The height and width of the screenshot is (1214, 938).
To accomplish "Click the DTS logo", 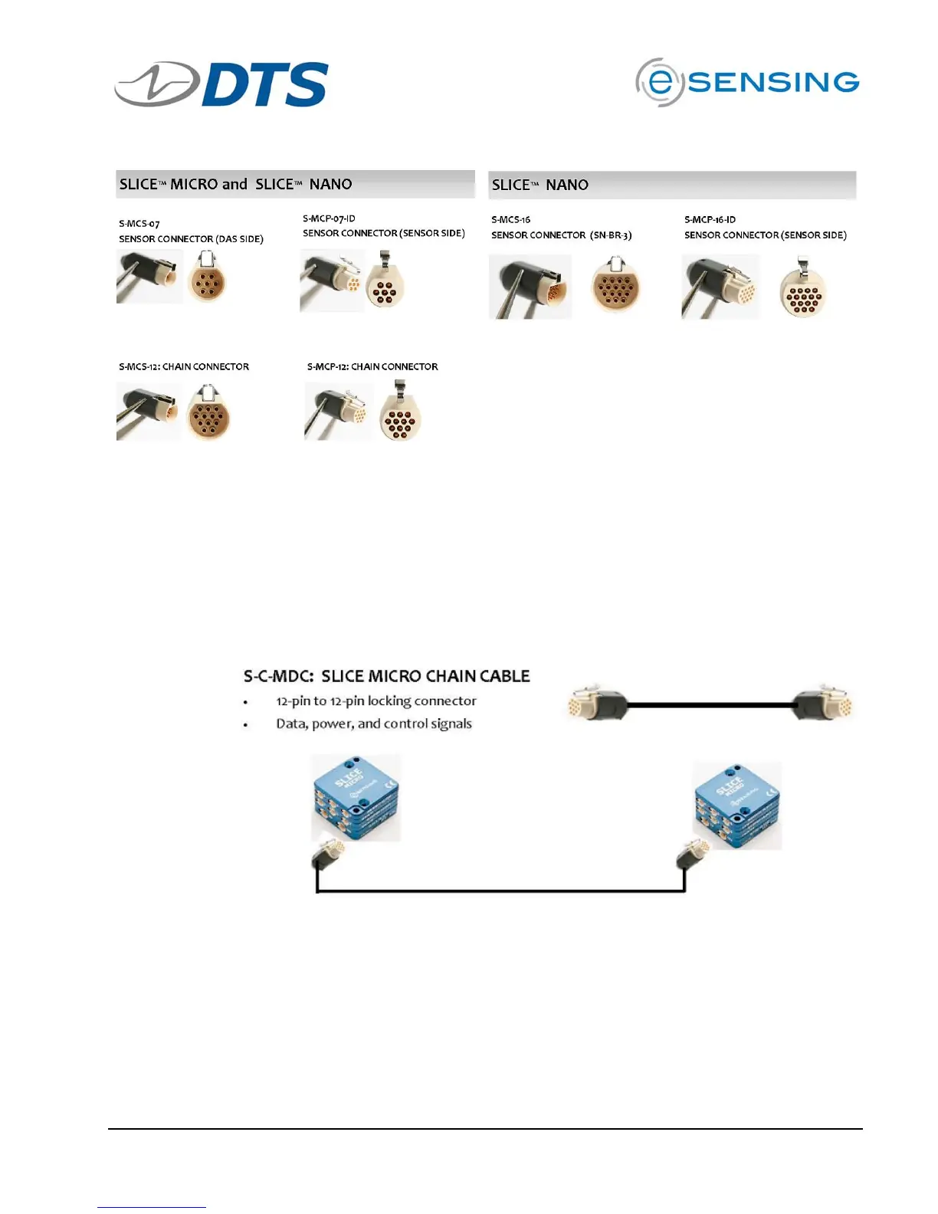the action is tap(222, 84).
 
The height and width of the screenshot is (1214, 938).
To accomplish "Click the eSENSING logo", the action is tap(747, 82).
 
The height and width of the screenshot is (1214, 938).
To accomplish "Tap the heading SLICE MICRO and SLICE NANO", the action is tap(236, 185).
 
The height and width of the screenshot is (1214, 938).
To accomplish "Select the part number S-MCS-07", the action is tap(139, 224).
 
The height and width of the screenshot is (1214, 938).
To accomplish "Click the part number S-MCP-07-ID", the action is tap(329, 218).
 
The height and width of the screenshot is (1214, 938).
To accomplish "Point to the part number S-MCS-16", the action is tap(510, 220).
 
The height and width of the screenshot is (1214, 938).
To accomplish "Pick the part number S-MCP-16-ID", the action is tap(710, 220).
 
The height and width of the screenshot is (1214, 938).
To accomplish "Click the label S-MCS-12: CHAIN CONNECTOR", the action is tap(184, 367).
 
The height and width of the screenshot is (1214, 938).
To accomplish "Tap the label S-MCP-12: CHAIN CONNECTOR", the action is tap(372, 367).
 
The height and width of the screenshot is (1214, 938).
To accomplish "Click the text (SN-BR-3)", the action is tap(611, 235).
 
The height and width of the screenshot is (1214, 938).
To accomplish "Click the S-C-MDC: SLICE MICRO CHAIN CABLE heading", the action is tap(387, 676).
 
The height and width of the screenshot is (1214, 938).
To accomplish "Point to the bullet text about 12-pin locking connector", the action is tap(376, 701).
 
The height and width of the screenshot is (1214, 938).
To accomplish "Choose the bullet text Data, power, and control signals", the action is tap(374, 724).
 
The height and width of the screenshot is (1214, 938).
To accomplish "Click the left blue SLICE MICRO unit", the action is tap(356, 798).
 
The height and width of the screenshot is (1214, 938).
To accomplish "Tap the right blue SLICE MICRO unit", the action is tap(737, 806).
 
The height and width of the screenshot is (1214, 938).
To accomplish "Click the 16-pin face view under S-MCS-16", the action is tap(615, 287).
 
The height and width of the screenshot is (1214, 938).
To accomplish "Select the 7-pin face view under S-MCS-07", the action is tap(206, 281).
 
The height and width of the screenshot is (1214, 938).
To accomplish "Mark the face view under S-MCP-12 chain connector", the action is tap(400, 418).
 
